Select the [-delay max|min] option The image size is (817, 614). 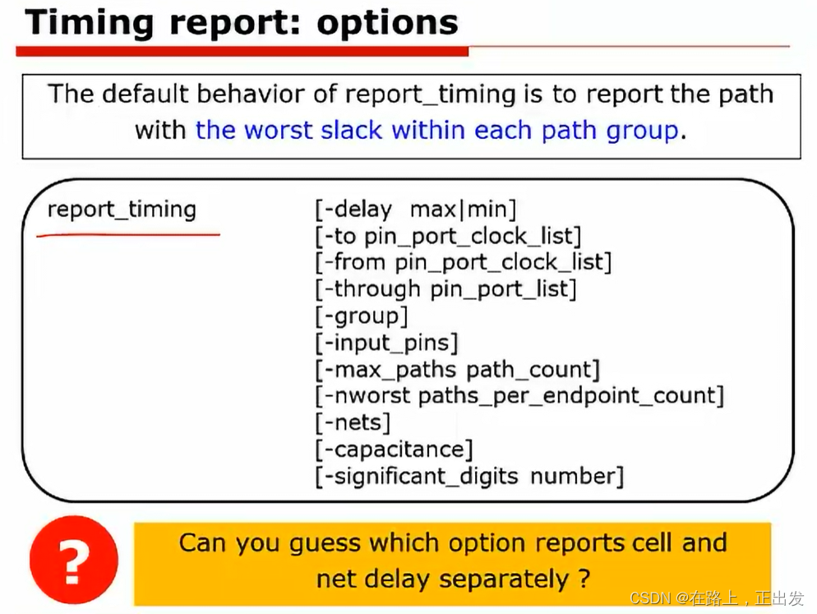[416, 210]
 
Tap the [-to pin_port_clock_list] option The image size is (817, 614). [448, 236]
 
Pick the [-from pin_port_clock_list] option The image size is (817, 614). [464, 262]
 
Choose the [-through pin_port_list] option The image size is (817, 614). [446, 289]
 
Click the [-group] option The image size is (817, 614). [362, 316]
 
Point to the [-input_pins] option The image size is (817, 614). [386, 343]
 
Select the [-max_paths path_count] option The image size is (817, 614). [458, 370]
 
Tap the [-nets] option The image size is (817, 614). [353, 422]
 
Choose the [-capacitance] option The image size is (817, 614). [394, 450]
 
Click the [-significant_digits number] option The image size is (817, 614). [469, 477]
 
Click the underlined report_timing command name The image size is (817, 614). [122, 210]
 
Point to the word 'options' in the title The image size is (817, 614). [388, 23]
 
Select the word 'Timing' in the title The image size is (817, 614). [90, 24]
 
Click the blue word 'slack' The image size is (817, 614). [352, 130]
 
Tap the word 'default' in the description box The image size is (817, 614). [145, 95]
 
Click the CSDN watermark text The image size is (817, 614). [717, 598]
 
